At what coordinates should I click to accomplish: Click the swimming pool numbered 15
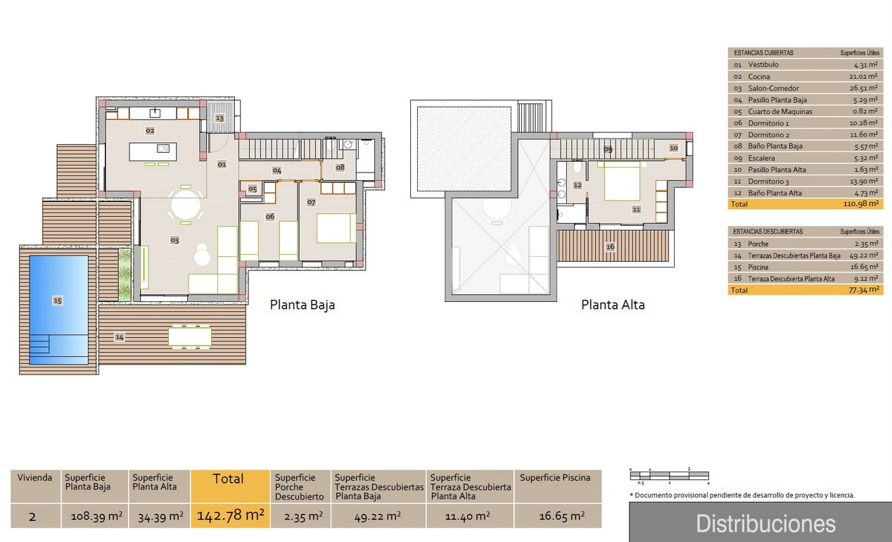(59, 310)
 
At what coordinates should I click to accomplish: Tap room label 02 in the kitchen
(150, 130)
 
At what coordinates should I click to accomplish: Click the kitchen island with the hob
(153, 152)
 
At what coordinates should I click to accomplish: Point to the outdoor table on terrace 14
(190, 336)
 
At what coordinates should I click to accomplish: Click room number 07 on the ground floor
(311, 203)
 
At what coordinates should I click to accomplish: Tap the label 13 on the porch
(219, 118)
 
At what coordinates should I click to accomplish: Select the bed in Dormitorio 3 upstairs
(622, 180)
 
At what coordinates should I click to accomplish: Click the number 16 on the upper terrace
(610, 246)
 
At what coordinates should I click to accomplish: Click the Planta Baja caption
(302, 305)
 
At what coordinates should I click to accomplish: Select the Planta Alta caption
(613, 305)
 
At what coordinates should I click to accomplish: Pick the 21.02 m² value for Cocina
(863, 76)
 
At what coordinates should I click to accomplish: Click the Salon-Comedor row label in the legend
(773, 88)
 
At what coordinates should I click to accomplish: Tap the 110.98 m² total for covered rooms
(860, 203)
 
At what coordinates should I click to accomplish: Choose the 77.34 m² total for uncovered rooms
(864, 290)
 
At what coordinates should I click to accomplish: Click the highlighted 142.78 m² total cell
(231, 515)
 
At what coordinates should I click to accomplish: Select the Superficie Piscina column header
(555, 477)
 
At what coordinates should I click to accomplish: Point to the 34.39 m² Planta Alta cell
(160, 517)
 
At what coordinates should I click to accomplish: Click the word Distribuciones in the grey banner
(765, 524)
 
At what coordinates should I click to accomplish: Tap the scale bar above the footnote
(670, 475)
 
